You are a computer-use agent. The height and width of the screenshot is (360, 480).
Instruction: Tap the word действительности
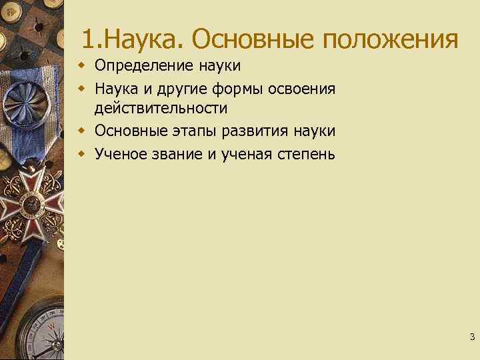coord(161,108)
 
